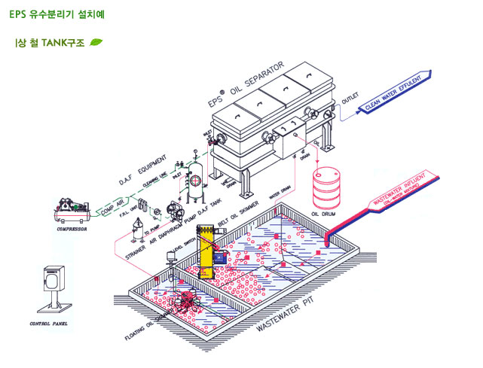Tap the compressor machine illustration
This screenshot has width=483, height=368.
72,207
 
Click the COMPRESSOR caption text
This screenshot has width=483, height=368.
72,230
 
